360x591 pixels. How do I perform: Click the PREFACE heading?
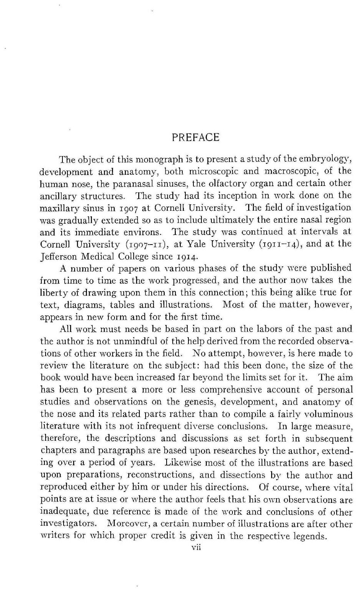196,138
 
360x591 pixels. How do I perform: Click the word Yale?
191,244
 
